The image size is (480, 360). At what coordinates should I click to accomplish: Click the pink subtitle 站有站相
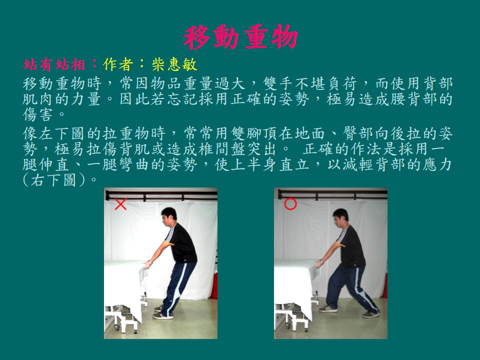[x=54, y=64]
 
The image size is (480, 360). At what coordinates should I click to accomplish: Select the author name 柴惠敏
[x=174, y=64]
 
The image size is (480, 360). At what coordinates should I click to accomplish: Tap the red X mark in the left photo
[x=120, y=204]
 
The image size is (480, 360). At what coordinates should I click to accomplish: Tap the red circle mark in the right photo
[x=290, y=204]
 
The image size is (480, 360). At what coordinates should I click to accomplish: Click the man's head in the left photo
[x=168, y=217]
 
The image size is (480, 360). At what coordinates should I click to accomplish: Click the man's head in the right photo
[x=340, y=218]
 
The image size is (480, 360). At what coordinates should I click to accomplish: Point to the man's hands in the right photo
[x=320, y=263]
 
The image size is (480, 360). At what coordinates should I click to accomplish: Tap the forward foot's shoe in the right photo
[x=328, y=309]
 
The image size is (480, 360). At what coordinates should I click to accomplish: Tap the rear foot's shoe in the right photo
[x=370, y=314]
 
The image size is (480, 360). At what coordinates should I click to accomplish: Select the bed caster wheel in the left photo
[x=116, y=328]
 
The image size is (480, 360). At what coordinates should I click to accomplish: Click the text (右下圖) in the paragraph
[x=53, y=180]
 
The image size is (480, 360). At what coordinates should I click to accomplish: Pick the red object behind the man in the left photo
[x=214, y=285]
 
